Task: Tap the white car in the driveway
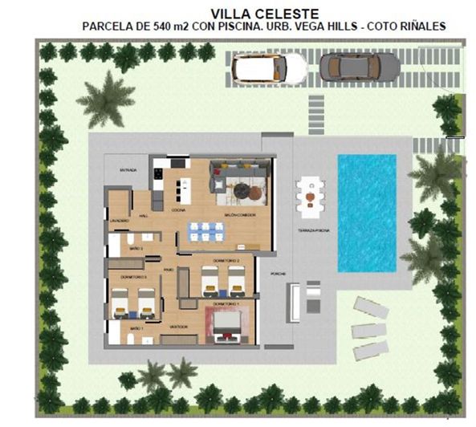pos(271,68)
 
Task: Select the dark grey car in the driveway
pos(359,67)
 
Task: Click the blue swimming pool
pos(367,212)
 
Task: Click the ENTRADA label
pos(128,170)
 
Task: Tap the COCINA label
pos(178,209)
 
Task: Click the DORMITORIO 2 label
pos(224,262)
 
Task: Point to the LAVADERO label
pos(120,219)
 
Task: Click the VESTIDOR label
pos(178,327)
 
